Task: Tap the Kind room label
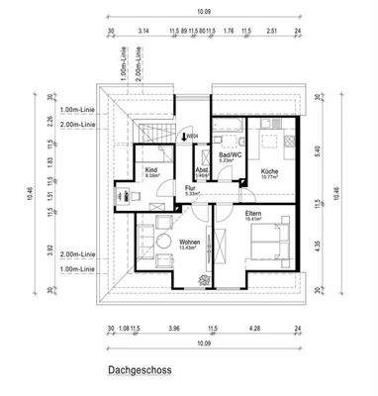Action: (x=150, y=169)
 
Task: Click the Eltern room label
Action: (x=253, y=212)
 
